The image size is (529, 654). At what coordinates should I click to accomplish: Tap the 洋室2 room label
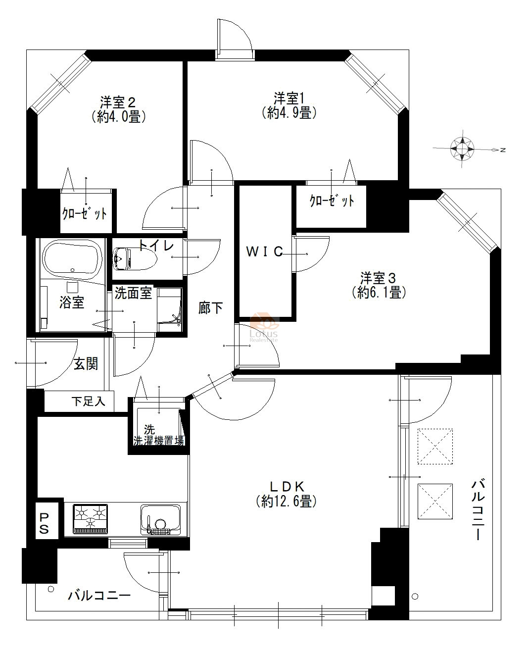(x=118, y=102)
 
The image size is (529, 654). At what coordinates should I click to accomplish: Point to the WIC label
(x=264, y=252)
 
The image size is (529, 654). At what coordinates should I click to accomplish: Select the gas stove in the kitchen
(x=91, y=518)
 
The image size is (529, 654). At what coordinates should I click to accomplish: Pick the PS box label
(x=44, y=524)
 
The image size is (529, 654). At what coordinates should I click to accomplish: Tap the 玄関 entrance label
(x=86, y=364)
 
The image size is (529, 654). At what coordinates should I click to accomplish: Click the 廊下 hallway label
(x=210, y=308)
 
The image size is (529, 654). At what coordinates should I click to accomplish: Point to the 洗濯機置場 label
(x=159, y=440)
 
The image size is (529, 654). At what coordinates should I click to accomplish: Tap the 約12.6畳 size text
(x=286, y=502)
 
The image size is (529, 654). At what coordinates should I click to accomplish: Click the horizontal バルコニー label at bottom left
(x=99, y=595)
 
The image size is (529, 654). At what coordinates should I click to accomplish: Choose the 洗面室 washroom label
(x=133, y=293)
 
